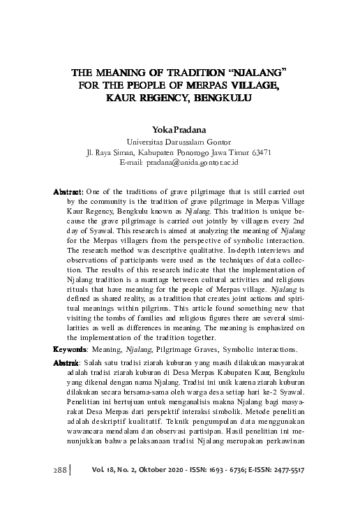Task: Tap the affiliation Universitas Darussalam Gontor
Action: click(x=179, y=140)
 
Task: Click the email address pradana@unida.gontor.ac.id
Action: click(x=199, y=161)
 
